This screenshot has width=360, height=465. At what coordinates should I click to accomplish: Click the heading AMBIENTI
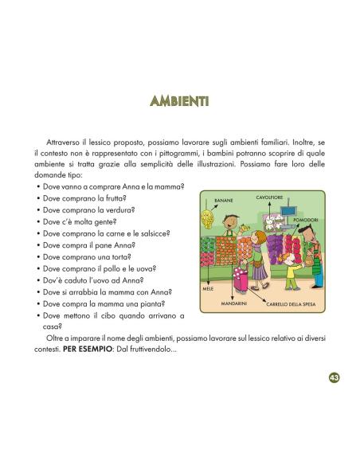[179, 101]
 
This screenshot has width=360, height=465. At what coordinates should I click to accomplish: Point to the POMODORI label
[306, 219]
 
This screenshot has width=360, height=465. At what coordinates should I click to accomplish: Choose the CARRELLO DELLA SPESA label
[290, 304]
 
